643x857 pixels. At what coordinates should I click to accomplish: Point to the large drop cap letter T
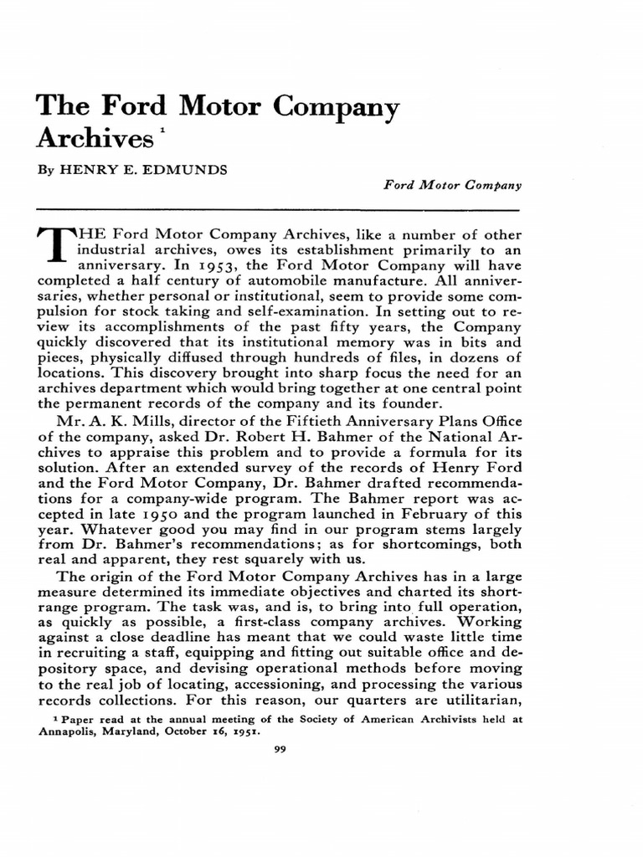(x=54, y=244)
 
